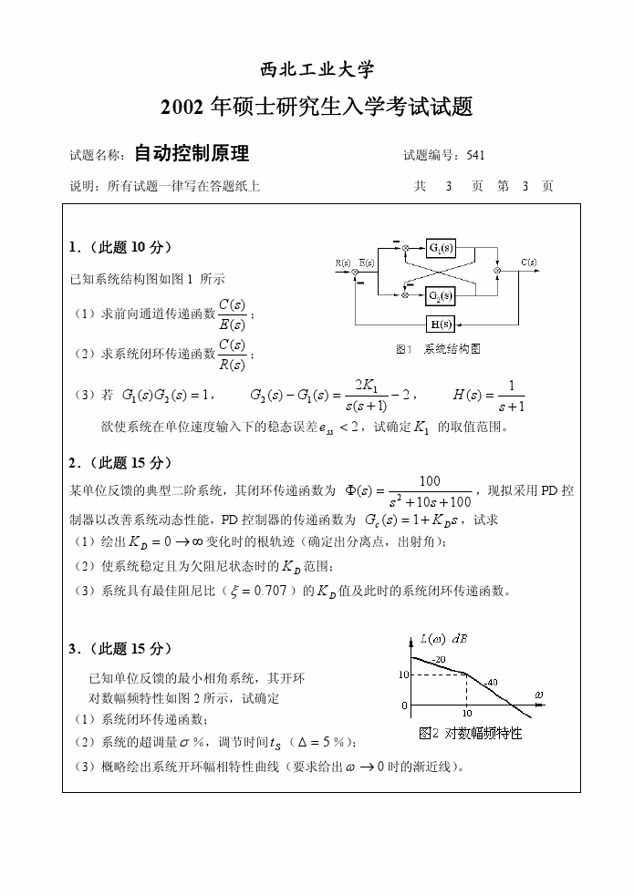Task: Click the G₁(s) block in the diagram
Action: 441,248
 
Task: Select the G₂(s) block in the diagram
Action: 441,295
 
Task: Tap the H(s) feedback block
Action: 441,324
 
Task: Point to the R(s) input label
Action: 343,263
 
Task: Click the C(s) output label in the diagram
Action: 528,263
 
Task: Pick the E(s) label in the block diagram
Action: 367,263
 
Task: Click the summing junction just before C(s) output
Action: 497,271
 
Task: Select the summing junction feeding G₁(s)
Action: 404,248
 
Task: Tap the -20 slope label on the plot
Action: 438,659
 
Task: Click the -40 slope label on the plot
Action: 491,682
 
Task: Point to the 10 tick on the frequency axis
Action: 466,714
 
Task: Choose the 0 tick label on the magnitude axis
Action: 405,705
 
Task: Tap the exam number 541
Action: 475,155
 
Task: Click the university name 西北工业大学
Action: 317,70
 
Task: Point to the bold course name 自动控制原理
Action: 192,153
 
